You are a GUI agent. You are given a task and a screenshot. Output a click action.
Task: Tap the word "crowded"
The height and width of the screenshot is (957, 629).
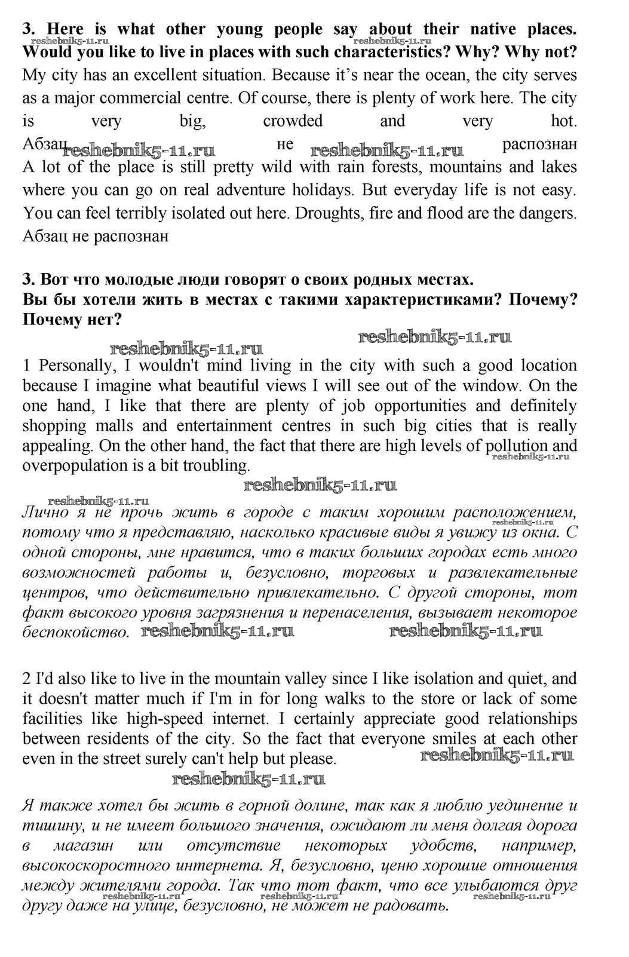tap(293, 121)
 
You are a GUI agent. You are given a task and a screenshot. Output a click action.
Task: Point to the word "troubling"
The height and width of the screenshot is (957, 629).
tap(219, 466)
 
